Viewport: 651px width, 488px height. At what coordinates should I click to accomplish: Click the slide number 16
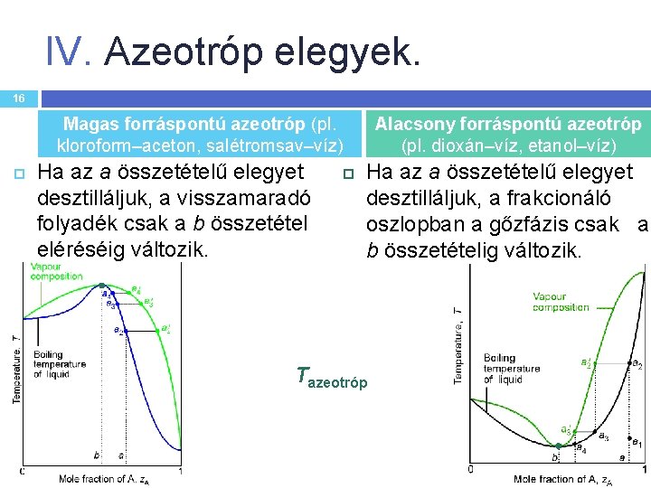(x=19, y=98)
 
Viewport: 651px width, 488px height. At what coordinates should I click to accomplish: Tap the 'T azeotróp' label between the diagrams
(x=332, y=380)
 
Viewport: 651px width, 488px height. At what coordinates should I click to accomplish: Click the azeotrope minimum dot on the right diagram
(x=559, y=446)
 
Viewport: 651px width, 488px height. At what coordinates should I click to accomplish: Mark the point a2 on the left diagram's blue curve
(x=125, y=331)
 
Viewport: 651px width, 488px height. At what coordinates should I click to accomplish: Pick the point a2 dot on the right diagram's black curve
(x=630, y=363)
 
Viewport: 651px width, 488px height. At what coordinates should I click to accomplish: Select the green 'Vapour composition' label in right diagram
(x=561, y=302)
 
